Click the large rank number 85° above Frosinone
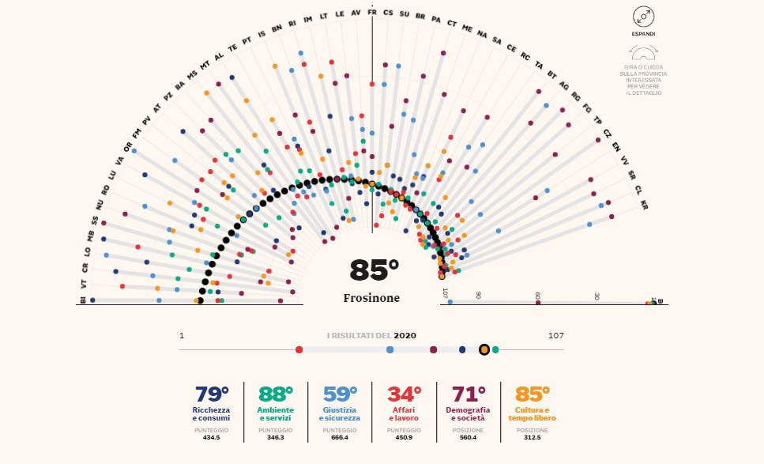374,271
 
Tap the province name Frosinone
371,298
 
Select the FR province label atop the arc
372,13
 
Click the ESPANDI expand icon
643,17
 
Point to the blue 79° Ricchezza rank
211,394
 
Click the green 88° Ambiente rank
276,394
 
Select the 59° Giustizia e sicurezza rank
340,394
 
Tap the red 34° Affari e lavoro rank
404,394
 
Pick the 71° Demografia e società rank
468,394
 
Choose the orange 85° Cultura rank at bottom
532,394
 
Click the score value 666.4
340,437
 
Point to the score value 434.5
211,437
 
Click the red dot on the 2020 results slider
299,349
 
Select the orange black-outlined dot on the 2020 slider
484,349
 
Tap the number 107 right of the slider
555,336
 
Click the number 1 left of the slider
182,336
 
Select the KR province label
645,205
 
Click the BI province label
82,300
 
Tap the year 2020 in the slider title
405,336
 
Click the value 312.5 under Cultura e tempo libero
532,437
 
